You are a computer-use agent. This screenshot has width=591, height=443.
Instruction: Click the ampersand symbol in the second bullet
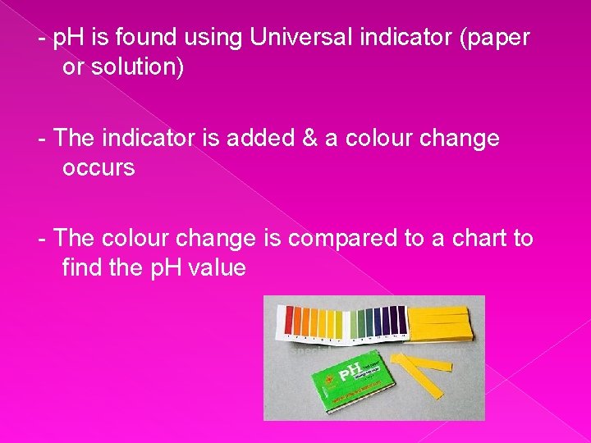[312, 138]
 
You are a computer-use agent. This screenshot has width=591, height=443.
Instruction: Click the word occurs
[98, 168]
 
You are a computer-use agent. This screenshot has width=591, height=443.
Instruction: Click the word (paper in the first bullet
[491, 38]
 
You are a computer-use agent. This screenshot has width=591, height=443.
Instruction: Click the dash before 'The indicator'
[42, 138]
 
